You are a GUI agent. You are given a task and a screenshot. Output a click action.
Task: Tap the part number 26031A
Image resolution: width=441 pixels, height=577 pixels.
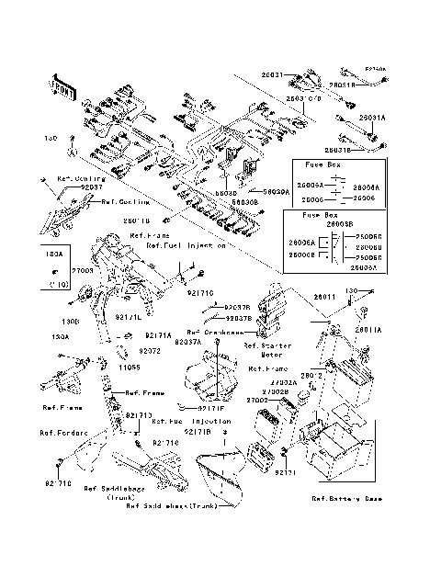(x=372, y=118)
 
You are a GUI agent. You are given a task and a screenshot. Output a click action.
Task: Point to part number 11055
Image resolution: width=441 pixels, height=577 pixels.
(x=125, y=366)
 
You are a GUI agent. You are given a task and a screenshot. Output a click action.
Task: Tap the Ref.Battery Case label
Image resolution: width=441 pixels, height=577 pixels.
(x=347, y=498)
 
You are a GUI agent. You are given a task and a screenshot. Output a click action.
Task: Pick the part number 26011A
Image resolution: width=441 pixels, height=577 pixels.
(x=367, y=328)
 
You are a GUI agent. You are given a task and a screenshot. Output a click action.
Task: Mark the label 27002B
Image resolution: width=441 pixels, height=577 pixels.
(x=281, y=391)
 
